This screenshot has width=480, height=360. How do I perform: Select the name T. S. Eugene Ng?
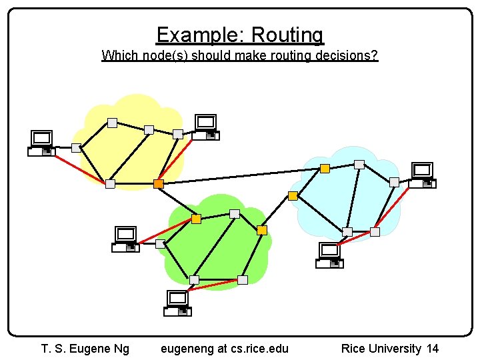pyautogui.click(x=85, y=348)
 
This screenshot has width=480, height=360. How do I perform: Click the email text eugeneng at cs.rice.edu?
pyautogui.click(x=225, y=348)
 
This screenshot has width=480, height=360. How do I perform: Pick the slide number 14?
pyautogui.click(x=432, y=348)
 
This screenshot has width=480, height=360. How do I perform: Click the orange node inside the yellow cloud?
pyautogui.click(x=159, y=183)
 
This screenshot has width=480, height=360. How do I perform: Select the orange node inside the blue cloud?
pyautogui.click(x=325, y=169)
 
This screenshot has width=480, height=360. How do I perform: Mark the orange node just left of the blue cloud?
pyautogui.click(x=293, y=195)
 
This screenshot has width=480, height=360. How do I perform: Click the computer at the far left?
pyautogui.click(x=41, y=143)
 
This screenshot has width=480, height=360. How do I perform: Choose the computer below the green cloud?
pyautogui.click(x=178, y=303)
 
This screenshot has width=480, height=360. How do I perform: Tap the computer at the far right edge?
pyautogui.click(x=422, y=175)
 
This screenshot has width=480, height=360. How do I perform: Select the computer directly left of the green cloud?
pyautogui.click(x=125, y=239)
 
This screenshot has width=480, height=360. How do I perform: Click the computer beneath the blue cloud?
pyautogui.click(x=330, y=255)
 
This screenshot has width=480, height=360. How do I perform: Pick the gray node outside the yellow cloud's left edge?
pyautogui.click(x=76, y=147)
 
